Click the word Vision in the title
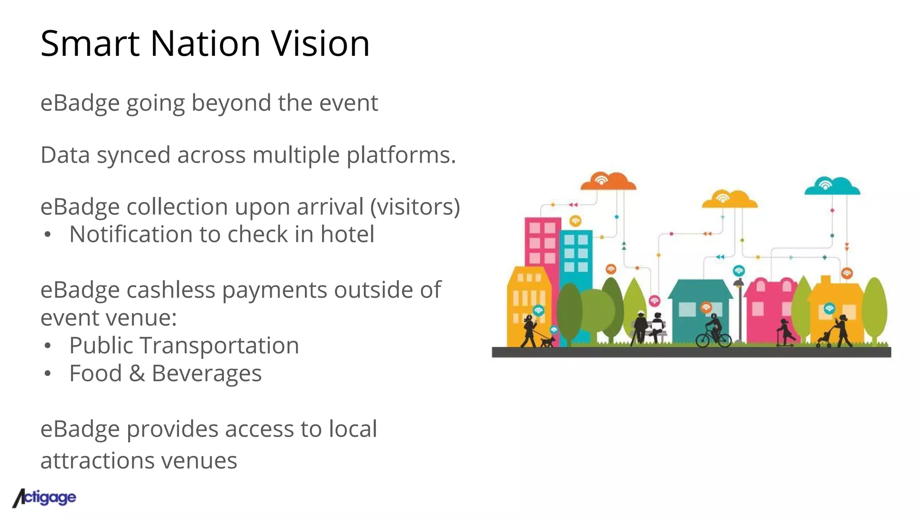(320, 44)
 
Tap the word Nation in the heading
(205, 44)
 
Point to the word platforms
(401, 156)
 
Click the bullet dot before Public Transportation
(48, 346)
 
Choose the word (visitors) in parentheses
(415, 207)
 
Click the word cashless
(172, 290)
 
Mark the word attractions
(97, 460)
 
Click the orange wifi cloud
(608, 181)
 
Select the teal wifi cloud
(832, 186)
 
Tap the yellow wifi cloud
(729, 199)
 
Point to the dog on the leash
(547, 341)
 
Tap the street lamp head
(738, 283)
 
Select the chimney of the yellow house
(825, 280)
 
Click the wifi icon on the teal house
(706, 307)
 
